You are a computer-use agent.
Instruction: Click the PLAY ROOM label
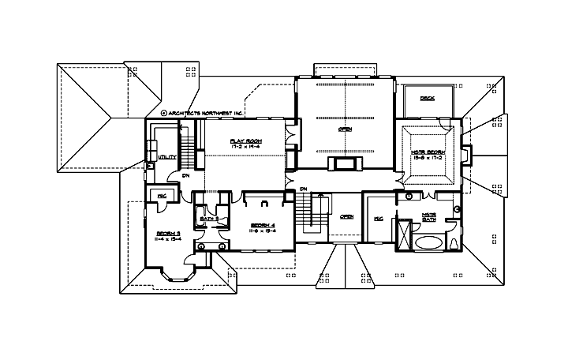pos(245,140)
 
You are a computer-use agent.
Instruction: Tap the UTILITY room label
pos(167,157)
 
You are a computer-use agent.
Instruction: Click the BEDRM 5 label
pos(168,234)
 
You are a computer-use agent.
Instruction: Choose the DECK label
pos(427,99)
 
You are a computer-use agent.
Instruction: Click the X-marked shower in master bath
pos(405,235)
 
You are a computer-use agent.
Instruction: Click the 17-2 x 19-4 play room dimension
pos(245,147)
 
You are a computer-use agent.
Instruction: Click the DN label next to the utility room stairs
pos(185,175)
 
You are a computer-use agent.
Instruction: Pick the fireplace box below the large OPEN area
pos(345,163)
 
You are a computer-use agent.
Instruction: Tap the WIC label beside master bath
pos(378,218)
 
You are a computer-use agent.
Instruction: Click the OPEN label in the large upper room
pos(345,129)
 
